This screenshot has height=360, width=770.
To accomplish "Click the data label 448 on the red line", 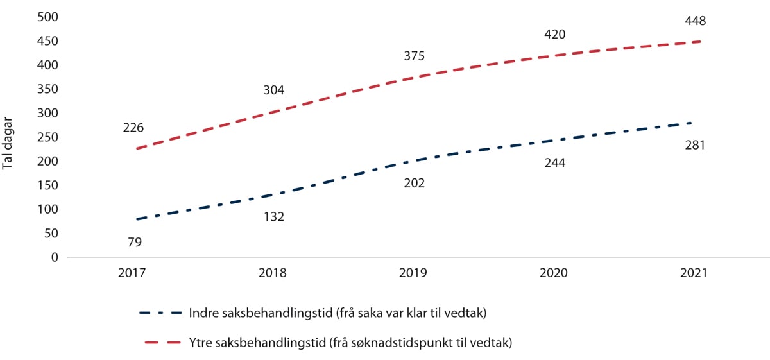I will click(695, 21).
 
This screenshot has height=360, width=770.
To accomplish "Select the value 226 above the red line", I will click(133, 128).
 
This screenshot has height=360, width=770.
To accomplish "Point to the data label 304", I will click(273, 90).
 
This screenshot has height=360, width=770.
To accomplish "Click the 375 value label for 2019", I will click(414, 56).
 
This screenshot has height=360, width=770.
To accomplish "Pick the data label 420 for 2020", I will click(554, 35).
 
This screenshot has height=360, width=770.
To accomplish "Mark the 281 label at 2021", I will click(695, 145).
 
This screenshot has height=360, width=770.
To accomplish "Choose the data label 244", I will click(554, 163).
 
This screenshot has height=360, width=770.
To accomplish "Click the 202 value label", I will click(414, 183).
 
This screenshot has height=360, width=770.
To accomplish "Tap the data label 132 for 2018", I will click(273, 217).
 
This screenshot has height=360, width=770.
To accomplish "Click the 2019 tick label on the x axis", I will click(414, 273).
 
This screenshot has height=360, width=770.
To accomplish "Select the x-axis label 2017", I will click(133, 273).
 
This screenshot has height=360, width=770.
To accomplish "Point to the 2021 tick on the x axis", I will click(694, 273).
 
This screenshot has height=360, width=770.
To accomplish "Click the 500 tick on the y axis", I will click(47, 17).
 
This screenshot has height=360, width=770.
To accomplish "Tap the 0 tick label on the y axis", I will click(55, 257).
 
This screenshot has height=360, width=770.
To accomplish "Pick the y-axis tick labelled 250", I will click(47, 137).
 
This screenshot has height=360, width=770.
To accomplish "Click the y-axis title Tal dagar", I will click(8, 147).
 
